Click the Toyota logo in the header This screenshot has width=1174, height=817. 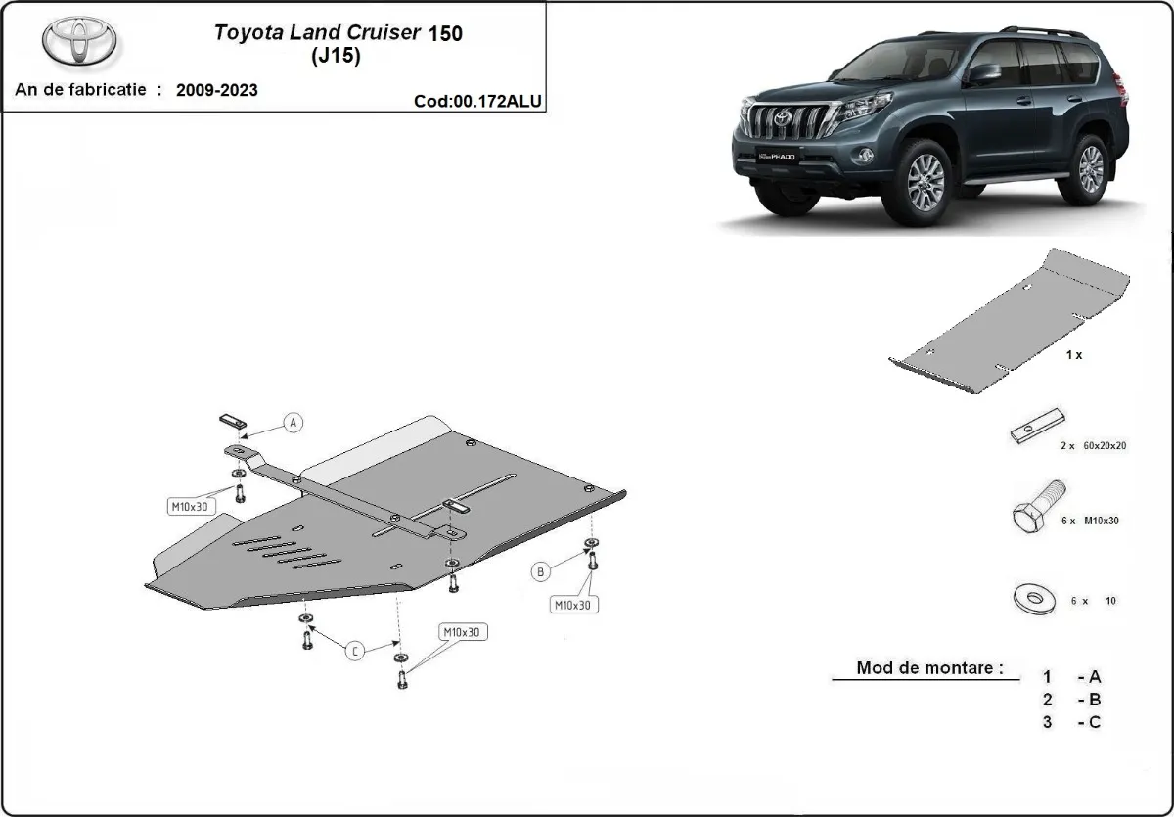(79, 41)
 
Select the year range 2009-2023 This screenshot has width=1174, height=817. (217, 90)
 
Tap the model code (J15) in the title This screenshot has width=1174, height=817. (336, 56)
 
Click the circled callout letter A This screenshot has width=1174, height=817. (293, 423)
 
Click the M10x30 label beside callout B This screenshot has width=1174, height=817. (572, 605)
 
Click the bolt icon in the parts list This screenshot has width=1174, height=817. (1038, 509)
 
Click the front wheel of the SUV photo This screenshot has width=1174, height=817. (924, 179)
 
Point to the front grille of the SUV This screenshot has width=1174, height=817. (783, 122)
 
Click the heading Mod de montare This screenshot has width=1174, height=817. (929, 668)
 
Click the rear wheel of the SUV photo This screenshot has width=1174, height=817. (1090, 168)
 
